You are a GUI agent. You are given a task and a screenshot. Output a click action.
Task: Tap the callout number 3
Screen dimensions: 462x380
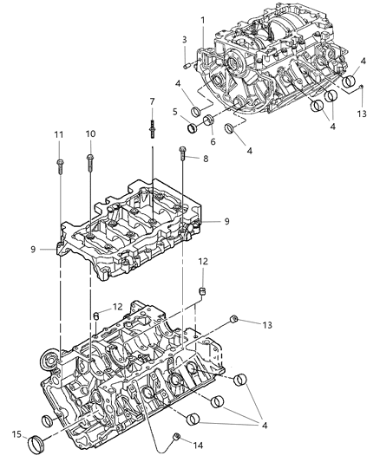pos(184,40)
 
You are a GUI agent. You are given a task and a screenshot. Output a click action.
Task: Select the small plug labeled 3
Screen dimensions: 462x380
pos(186,62)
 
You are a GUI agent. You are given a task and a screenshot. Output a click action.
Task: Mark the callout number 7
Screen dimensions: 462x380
pos(152,102)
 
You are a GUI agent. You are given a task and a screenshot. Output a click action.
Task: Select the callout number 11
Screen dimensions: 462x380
pos(59,134)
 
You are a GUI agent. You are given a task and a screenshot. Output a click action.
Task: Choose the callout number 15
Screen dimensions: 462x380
pos(16,433)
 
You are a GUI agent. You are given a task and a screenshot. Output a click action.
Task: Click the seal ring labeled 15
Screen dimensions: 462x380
pos(38,444)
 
